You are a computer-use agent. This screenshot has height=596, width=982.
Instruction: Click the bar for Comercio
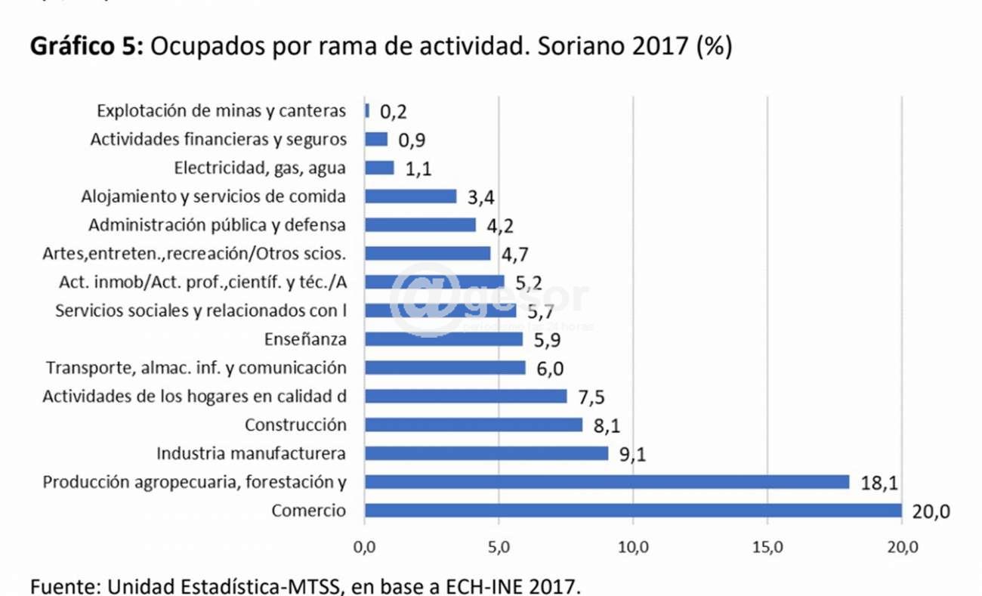click(633, 511)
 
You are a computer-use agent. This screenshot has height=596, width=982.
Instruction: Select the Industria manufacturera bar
click(486, 453)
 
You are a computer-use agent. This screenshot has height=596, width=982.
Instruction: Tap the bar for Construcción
click(474, 425)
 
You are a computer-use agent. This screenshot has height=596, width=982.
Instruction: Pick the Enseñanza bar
click(443, 339)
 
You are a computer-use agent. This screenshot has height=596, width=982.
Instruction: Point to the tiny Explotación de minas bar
click(367, 110)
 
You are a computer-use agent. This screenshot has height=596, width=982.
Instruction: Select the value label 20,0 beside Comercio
click(931, 512)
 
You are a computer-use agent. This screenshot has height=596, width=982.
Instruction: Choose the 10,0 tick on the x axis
click(633, 548)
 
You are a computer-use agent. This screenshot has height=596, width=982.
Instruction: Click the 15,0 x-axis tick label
click(767, 548)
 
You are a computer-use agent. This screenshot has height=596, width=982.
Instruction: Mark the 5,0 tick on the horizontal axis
click(499, 548)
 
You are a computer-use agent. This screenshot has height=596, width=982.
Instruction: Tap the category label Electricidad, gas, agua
click(260, 168)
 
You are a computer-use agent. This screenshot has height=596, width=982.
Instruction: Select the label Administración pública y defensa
click(218, 225)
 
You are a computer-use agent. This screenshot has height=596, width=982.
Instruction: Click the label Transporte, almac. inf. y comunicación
click(196, 368)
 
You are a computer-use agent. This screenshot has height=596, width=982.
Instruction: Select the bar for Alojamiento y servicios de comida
click(410, 196)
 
